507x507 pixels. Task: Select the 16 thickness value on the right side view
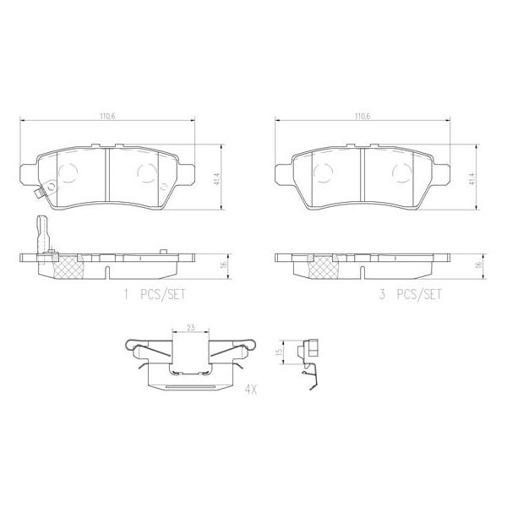(x=479, y=264)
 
